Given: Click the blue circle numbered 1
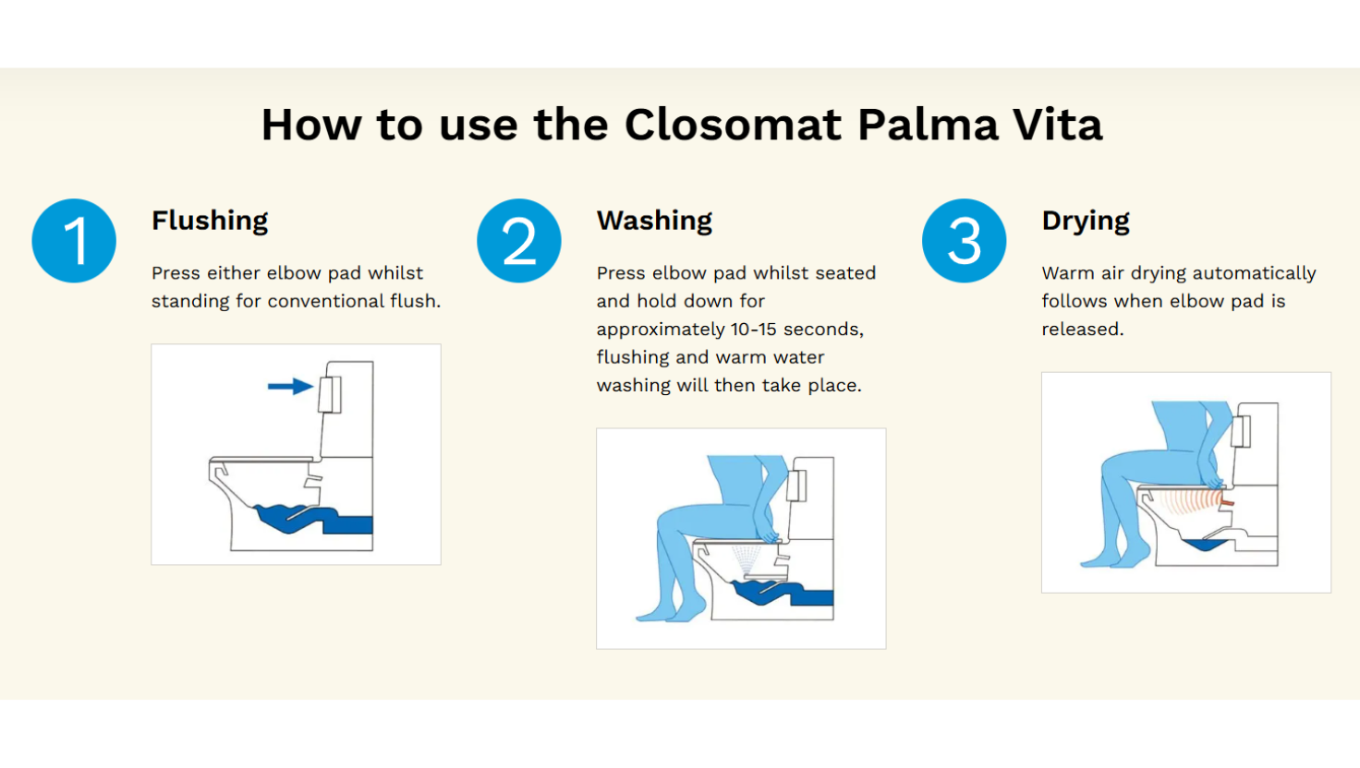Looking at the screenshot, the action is [x=74, y=241].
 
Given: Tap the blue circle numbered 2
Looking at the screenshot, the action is [x=519, y=241].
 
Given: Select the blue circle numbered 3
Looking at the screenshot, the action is [x=965, y=241].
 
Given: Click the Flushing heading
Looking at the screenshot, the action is [x=210, y=221].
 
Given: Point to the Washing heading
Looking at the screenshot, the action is [x=654, y=221].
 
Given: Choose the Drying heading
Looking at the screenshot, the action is [x=1086, y=221].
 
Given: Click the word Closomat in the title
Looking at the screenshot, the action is [x=734, y=125].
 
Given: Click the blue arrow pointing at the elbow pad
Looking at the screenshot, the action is [x=291, y=386].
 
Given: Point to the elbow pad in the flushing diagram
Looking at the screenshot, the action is [x=330, y=394].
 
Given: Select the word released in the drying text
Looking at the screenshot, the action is [x=1083, y=330].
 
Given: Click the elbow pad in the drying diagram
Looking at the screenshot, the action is [x=1242, y=431].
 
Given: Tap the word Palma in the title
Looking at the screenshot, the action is [x=928, y=125].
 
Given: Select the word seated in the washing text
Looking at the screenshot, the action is [x=845, y=273].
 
